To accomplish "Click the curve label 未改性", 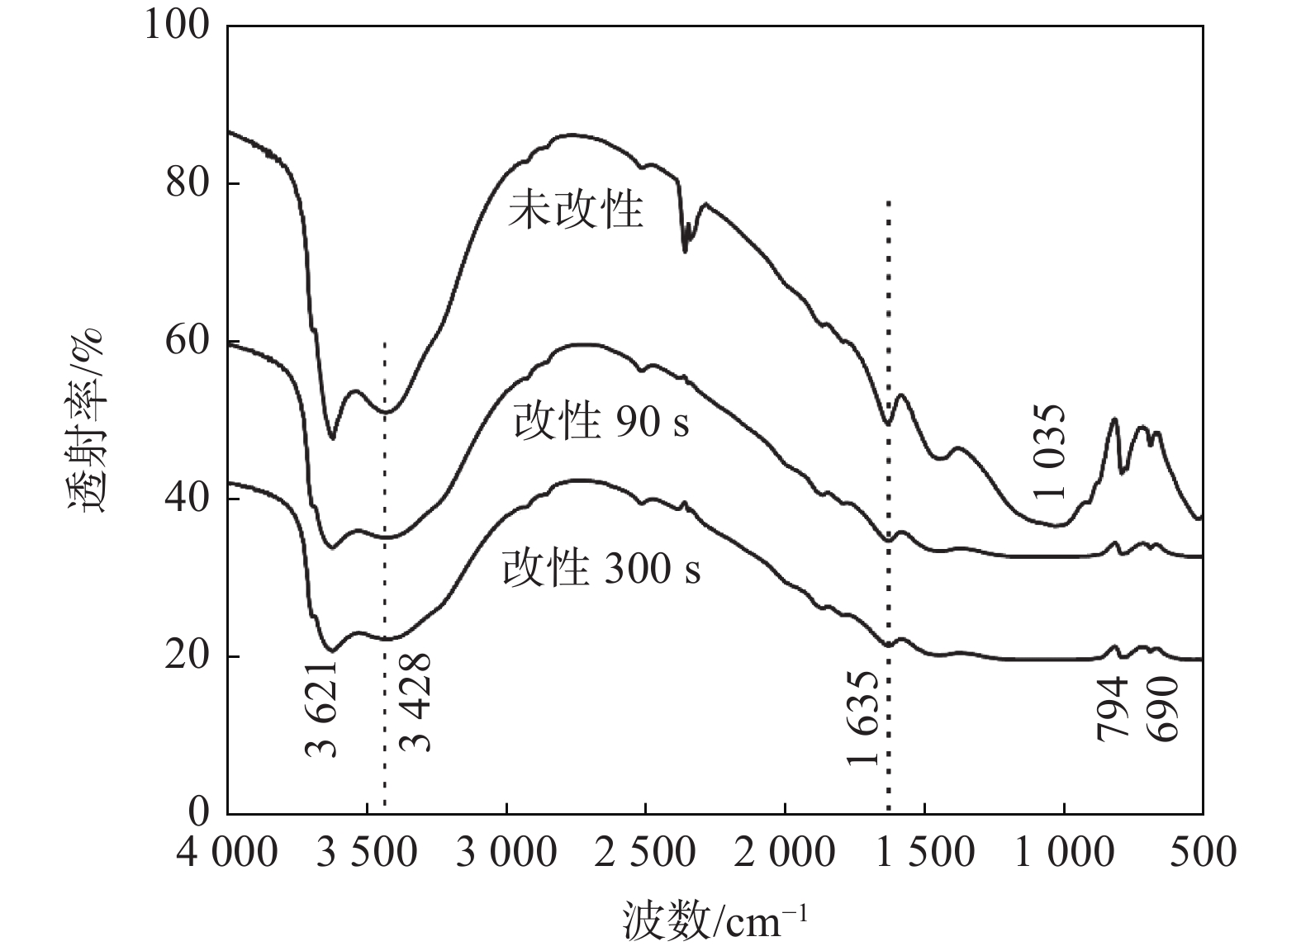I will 575,211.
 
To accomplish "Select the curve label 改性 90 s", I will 601,422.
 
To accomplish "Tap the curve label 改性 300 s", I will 601,568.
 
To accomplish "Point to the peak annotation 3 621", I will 322,708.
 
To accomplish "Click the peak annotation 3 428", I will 415,703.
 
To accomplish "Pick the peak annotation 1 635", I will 863,718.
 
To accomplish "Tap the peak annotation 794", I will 1112,708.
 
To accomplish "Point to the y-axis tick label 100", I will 177,25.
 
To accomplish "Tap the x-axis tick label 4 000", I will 227,852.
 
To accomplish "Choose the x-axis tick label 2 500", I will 645,852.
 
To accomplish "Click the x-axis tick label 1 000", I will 1064,852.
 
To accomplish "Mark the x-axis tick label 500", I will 1203,852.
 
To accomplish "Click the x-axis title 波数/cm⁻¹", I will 715,920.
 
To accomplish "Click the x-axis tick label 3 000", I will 506,852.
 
